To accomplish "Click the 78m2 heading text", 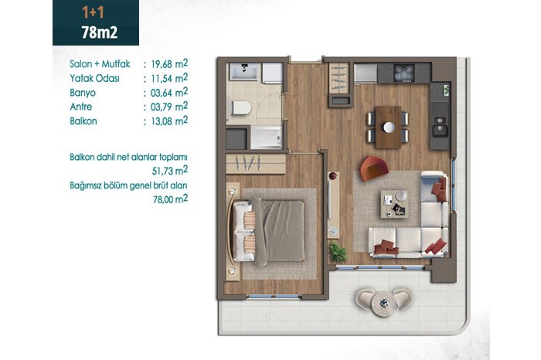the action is pos(100,32).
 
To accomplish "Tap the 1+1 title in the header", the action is pos(93,12).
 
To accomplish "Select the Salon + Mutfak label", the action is pos(100,64).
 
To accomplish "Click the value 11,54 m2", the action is pos(169,78).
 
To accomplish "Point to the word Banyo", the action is pos(83,93).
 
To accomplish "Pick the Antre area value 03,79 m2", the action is pos(169,107).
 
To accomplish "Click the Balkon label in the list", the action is pos(83,121).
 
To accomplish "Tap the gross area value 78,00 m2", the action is pos(171,199).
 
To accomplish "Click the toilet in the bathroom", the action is pos(241,107).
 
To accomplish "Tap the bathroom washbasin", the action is pos(244,72).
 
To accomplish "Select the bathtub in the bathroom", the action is pos(267,138).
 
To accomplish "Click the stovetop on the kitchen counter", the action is pos(404,73).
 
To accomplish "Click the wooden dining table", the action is pos(388,127).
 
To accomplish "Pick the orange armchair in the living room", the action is pos(373,168).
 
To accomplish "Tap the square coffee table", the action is pos(395,204).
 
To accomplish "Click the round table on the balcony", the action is pos(383,304).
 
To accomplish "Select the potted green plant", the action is pos(338,252).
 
